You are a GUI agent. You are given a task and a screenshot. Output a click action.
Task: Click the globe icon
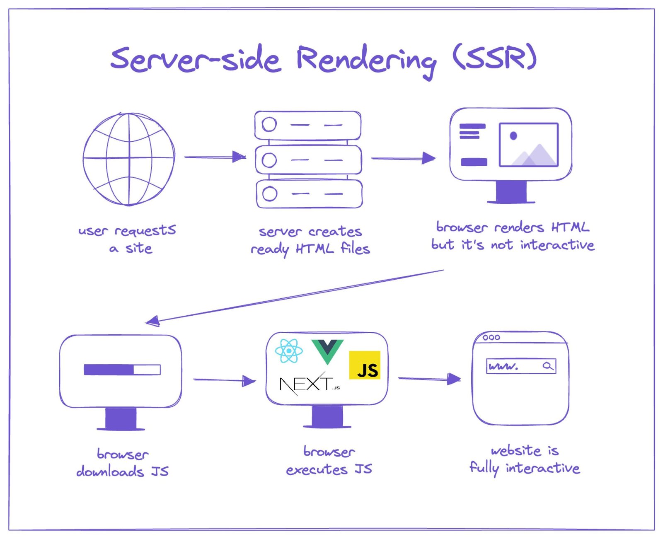pos(128,159)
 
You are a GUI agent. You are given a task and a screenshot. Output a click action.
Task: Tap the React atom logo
pos(288,351)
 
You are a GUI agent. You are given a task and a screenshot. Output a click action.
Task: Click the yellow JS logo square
pos(364,365)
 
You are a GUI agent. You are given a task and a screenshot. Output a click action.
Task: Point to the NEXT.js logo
pos(309,384)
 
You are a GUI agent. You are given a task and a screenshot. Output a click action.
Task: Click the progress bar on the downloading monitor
pos(122,370)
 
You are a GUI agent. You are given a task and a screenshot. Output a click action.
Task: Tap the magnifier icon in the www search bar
pos(548,366)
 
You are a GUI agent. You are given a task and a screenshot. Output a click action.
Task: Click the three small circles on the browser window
pos(491,338)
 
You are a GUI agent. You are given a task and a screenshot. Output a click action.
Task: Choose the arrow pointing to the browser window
pos(429,379)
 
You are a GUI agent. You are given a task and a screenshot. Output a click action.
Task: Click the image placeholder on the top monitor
pos(528,145)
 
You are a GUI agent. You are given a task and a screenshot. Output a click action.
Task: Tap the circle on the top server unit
pos(269,124)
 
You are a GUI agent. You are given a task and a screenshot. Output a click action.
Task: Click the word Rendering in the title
pos(366,60)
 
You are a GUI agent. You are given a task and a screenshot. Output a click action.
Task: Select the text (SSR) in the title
pos(495,58)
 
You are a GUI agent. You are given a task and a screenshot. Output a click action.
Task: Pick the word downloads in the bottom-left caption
pos(110,471)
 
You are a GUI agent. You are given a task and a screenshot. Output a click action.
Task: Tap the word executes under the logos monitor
pos(317,470)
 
